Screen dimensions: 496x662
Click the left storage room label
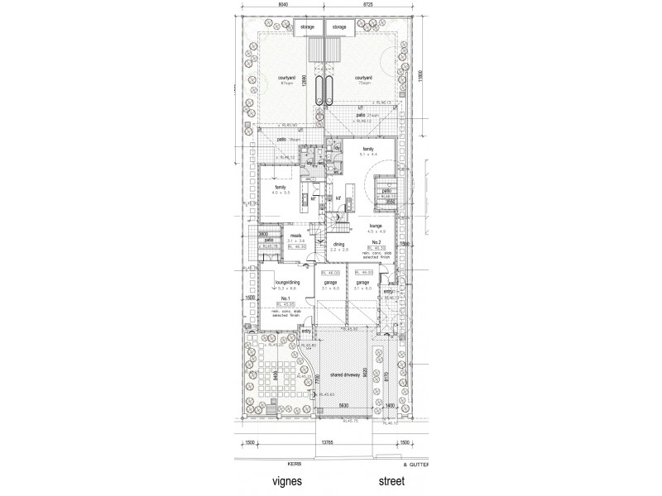tap(307, 27)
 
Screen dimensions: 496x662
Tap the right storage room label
tap(340, 27)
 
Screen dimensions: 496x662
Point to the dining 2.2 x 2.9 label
tap(340, 246)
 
